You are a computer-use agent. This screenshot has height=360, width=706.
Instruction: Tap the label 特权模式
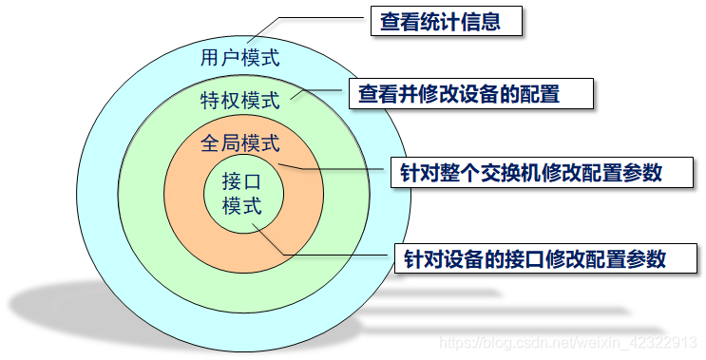point(239,100)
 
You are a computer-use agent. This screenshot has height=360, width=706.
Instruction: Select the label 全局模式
point(239,144)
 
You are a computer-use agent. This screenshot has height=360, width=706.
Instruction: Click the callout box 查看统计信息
point(446,21)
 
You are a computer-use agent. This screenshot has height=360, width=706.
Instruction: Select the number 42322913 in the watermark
point(665,341)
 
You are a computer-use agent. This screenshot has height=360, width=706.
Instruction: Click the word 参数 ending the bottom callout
point(646,257)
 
